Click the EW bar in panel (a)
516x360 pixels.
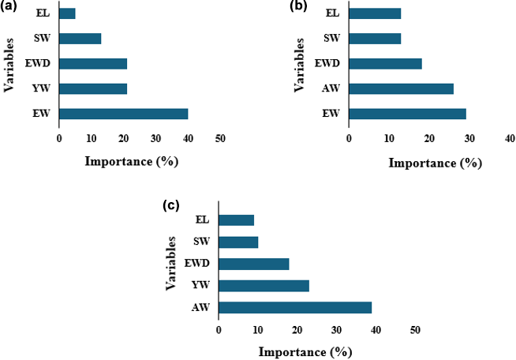123,114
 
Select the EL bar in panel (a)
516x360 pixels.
67,13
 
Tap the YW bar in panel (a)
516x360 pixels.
92,88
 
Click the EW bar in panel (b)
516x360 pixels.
407,114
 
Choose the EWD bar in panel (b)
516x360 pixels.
385,63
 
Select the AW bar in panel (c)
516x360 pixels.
294,307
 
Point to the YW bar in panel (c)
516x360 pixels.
264,285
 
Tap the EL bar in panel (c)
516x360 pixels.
236,220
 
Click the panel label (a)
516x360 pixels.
12,8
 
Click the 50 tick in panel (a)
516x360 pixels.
220,139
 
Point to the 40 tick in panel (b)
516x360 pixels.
510,139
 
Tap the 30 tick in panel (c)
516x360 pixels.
336,331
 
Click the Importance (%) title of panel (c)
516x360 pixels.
305,349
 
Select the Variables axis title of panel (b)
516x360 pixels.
300,63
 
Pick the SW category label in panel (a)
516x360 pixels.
43,39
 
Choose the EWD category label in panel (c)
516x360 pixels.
197,264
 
